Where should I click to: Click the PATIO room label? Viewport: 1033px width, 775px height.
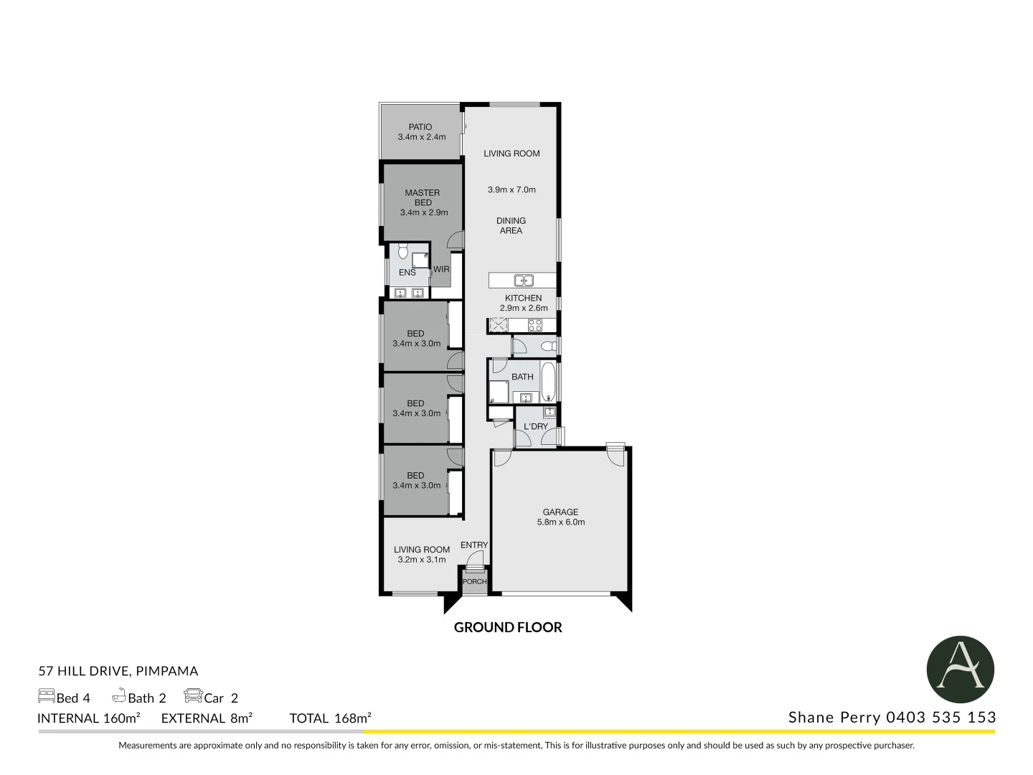point(420,127)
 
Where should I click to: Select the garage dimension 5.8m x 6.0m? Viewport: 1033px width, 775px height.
point(561,522)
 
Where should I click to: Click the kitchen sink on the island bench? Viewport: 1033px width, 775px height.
point(524,281)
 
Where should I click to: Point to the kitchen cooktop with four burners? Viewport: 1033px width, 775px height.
point(535,325)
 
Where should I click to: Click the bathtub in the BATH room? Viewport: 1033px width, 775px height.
point(548,382)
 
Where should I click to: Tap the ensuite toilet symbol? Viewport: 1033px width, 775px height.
point(402,251)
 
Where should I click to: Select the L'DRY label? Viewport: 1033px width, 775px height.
point(536,426)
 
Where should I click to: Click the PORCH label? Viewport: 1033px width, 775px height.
point(475,581)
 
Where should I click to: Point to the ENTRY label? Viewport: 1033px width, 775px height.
point(474,545)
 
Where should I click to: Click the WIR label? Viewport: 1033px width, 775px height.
point(441,270)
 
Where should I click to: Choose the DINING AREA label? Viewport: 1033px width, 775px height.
point(511,225)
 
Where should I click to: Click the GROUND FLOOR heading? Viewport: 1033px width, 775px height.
point(508,627)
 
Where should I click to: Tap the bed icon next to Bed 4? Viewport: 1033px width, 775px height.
point(47,696)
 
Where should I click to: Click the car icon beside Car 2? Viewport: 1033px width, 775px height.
point(193,695)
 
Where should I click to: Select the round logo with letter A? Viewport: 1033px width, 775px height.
point(960,670)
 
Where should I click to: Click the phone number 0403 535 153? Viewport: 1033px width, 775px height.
point(941,717)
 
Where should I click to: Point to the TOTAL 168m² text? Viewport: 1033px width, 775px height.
point(330,718)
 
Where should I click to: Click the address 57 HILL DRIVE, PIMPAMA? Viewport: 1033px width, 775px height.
point(118,671)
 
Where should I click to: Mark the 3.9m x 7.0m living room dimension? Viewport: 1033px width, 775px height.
point(511,190)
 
